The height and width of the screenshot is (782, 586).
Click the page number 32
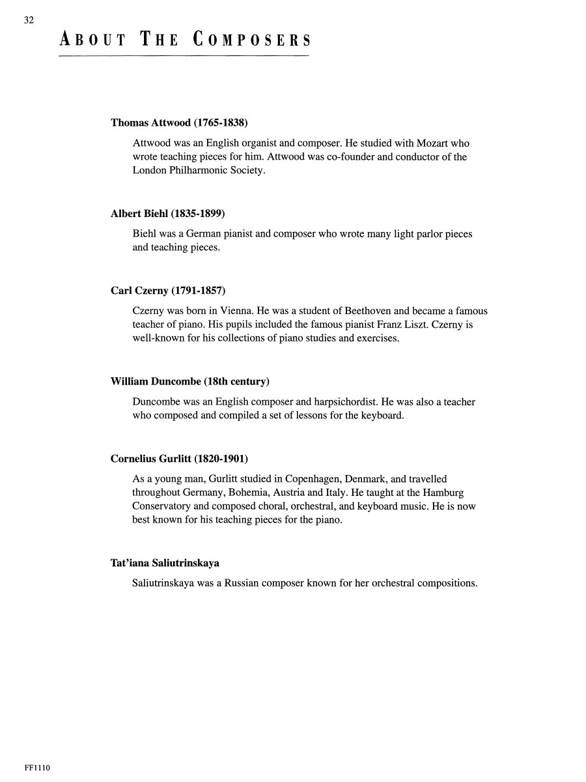[29, 20]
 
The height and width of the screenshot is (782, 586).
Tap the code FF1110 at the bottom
[37, 768]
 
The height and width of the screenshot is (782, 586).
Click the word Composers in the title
[252, 40]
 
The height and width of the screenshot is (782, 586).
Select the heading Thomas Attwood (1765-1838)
[179, 123]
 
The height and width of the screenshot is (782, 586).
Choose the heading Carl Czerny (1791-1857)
[168, 291]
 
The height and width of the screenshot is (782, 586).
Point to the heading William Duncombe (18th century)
[190, 381]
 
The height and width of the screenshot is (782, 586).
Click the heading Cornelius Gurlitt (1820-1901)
[179, 459]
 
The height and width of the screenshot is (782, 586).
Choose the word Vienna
[222, 311]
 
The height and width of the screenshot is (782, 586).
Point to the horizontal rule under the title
[184, 56]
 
